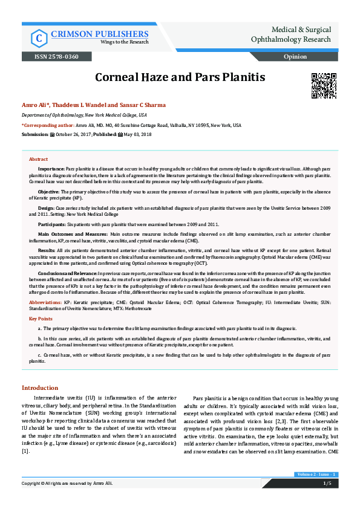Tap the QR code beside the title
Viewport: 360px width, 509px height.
[x=323, y=85]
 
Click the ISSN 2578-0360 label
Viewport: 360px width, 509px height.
[x=51, y=57]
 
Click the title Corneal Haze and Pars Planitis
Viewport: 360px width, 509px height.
[x=180, y=78]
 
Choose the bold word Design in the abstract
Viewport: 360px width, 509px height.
[x=46, y=207]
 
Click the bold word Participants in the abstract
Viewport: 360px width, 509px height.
[x=52, y=224]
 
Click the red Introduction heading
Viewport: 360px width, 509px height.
[x=41, y=387]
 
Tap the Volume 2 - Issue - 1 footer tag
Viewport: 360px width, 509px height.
[x=315, y=475]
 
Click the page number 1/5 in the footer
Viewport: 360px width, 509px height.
[x=327, y=483]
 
